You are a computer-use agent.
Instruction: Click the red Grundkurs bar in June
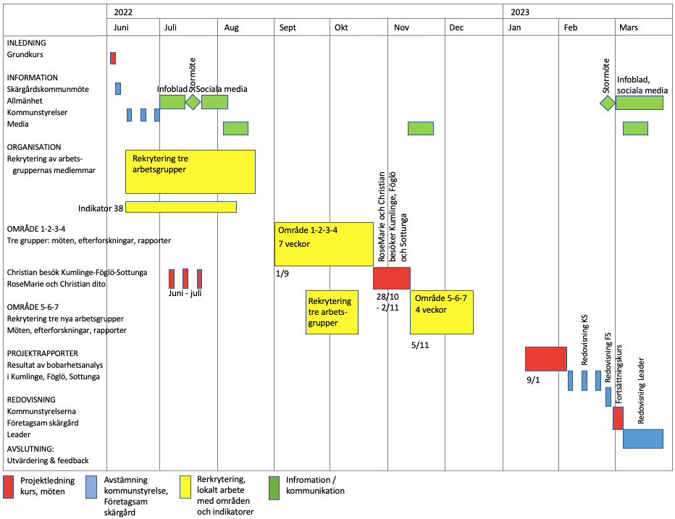point(113,58)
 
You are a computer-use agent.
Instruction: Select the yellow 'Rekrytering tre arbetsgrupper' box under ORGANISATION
point(190,172)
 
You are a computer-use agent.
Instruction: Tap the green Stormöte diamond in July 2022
point(193,102)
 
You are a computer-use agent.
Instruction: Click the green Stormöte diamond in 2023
point(608,103)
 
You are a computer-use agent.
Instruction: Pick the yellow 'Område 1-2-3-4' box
point(324,245)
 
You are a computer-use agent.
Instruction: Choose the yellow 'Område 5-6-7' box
point(442,312)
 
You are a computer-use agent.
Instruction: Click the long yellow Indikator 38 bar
point(181,207)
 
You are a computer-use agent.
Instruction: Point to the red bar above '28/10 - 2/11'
point(391,278)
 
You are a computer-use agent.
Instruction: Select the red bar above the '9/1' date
point(545,358)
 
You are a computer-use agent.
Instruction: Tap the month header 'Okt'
point(341,28)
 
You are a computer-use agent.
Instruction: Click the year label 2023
point(520,12)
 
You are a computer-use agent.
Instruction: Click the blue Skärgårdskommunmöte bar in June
point(118,88)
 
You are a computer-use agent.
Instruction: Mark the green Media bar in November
point(420,128)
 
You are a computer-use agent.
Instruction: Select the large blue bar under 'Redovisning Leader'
point(643,439)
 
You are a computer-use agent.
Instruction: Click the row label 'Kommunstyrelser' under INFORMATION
point(37,112)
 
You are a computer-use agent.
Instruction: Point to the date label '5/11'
point(420,345)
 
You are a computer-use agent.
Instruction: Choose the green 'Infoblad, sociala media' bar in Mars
point(640,102)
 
